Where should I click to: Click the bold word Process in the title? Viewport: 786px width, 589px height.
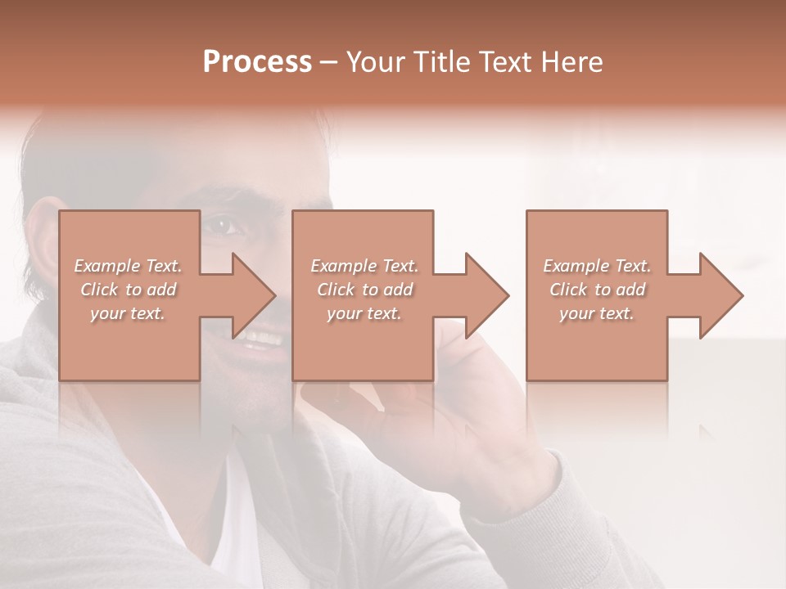click(257, 62)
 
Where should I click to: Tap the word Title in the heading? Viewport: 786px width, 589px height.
click(441, 62)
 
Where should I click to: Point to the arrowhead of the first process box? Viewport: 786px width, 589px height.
click(255, 295)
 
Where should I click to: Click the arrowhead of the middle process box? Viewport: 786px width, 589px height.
click(488, 295)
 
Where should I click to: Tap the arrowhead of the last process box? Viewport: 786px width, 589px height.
click(722, 295)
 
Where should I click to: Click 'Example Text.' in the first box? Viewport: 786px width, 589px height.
click(128, 266)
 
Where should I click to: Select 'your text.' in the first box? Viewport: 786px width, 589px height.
click(128, 313)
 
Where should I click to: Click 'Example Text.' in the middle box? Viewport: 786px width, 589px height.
click(364, 266)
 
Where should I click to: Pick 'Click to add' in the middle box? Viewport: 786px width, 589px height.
click(364, 290)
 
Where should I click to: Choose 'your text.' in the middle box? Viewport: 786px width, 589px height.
click(364, 313)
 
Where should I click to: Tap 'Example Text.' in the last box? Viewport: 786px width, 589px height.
click(597, 266)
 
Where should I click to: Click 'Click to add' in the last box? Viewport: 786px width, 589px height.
click(597, 290)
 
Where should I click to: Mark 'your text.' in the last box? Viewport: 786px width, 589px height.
click(597, 313)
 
